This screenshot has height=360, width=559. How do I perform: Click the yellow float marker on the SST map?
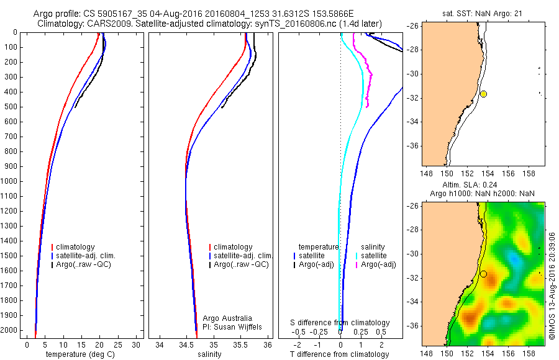[x=483, y=94]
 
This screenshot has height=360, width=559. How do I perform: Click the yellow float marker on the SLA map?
[x=483, y=274]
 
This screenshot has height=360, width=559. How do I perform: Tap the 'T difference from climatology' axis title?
[x=340, y=354]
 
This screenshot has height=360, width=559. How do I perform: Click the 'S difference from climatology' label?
[x=340, y=323]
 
